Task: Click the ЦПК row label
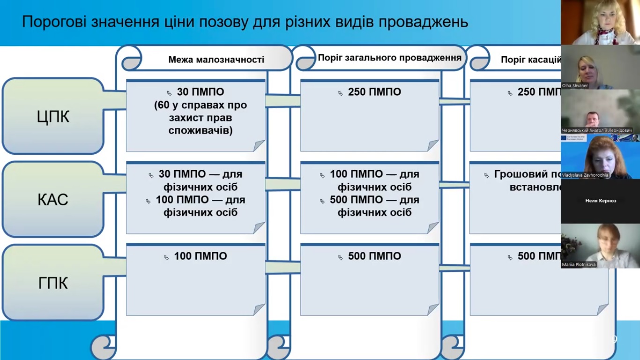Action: pyautogui.click(x=53, y=117)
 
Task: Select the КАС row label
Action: pyautogui.click(x=53, y=200)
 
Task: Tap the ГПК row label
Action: pyautogui.click(x=53, y=283)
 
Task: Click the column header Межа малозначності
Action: pyautogui.click(x=216, y=60)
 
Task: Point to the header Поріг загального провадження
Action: pyautogui.click(x=389, y=58)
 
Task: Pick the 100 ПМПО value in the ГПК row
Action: pyautogui.click(x=201, y=256)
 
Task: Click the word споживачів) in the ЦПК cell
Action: pyautogui.click(x=201, y=131)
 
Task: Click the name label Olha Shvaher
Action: pyautogui.click(x=575, y=86)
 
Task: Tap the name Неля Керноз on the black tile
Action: pyautogui.click(x=601, y=201)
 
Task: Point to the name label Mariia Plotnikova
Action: pyautogui.click(x=579, y=265)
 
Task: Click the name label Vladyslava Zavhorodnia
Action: pyautogui.click(x=585, y=175)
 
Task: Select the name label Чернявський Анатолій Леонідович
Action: pyautogui.click(x=597, y=130)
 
